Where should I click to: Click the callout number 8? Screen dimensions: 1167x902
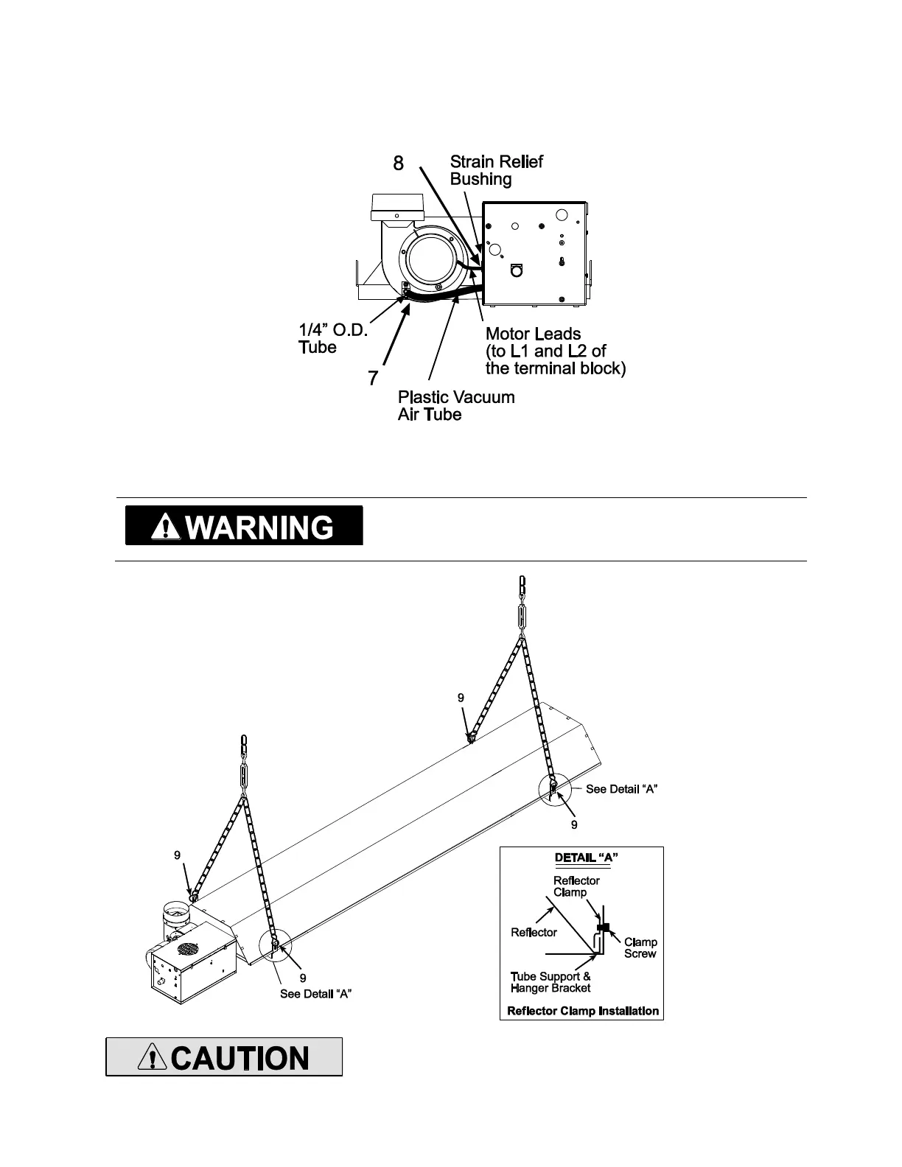[398, 164]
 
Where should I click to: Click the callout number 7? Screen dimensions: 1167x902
[374, 379]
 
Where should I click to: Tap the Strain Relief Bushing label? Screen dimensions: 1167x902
[496, 170]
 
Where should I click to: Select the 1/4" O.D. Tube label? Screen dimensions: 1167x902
[332, 337]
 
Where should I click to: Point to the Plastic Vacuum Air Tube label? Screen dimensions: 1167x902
[455, 406]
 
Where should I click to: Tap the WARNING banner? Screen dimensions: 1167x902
[244, 526]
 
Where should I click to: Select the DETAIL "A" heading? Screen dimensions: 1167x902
[586, 858]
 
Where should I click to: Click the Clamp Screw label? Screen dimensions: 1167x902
[640, 947]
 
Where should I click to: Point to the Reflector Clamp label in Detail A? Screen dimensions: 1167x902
[576, 886]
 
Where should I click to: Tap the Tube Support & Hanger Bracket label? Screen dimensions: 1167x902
[550, 982]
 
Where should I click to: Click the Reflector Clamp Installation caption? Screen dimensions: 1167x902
[583, 1010]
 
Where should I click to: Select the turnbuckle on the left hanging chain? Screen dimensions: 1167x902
[244, 775]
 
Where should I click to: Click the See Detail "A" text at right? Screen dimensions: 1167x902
[621, 789]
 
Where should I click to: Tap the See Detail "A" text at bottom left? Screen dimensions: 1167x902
[315, 994]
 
